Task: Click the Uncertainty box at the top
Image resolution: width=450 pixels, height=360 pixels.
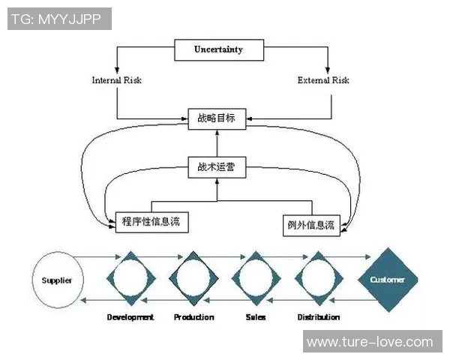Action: [218, 50]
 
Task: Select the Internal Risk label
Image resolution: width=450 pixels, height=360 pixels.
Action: [116, 80]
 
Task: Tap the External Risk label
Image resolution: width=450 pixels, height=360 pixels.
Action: [322, 80]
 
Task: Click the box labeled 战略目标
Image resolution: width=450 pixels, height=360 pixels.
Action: [216, 118]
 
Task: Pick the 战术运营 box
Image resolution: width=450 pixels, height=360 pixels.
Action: [216, 168]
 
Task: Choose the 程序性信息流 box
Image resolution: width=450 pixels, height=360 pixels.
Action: [151, 222]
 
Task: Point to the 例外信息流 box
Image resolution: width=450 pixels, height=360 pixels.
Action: [310, 223]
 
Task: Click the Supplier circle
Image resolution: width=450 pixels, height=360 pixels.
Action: [57, 280]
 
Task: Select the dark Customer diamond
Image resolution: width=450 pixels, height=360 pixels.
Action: [387, 280]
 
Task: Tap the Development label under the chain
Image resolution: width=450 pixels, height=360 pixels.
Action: [130, 317]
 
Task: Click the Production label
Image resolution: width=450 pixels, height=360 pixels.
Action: [193, 317]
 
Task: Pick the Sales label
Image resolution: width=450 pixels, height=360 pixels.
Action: [256, 317]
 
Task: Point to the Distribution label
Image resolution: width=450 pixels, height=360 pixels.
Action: [318, 317]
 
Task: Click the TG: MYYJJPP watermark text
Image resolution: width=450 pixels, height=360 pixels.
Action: [59, 18]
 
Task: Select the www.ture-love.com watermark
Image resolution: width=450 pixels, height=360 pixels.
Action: [370, 342]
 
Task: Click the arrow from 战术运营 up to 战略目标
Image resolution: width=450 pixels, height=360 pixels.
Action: [217, 143]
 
